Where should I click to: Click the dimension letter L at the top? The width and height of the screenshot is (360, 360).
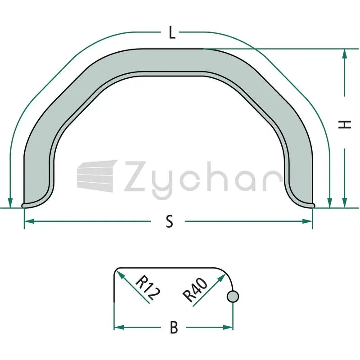(x=172, y=32)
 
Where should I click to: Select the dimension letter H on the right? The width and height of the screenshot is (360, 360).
(x=345, y=125)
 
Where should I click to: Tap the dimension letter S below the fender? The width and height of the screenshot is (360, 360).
(x=170, y=221)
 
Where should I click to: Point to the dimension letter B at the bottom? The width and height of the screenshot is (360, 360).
(x=174, y=327)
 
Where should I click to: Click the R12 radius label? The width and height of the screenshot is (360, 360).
(x=148, y=288)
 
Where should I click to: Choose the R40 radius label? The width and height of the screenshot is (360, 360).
(x=195, y=290)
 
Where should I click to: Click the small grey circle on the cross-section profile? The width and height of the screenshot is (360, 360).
(x=233, y=297)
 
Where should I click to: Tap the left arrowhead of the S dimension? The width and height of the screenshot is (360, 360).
(x=29, y=221)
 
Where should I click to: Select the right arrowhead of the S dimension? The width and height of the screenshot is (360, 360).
(x=307, y=221)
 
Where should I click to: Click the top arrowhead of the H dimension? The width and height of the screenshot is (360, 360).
(x=344, y=54)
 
